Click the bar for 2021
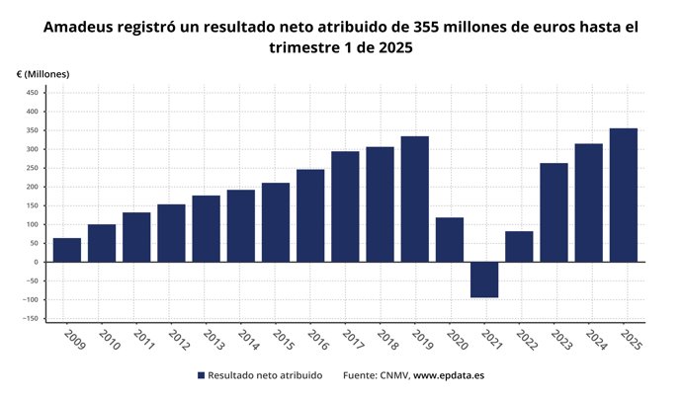pos(484,280)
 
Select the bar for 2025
pos(623,196)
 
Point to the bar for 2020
pos(450,240)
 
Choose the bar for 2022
pos(519,247)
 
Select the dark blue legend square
pos(201,376)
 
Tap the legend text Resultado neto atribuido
pos(265,376)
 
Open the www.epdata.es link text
pos(448,376)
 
